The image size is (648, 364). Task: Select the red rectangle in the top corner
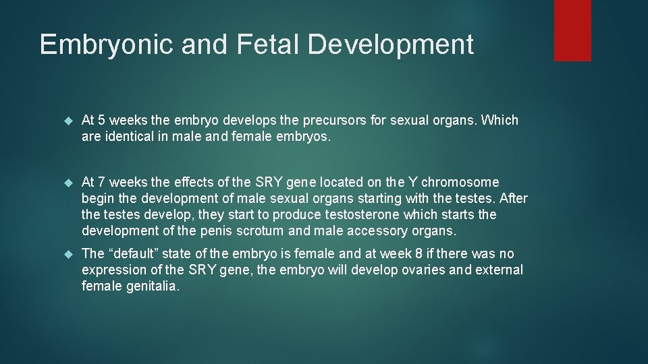coord(572,30)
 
